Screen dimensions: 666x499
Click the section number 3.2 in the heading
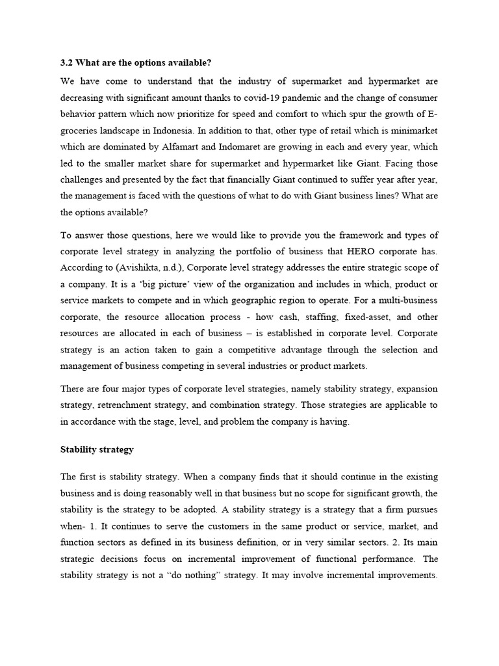tap(66, 62)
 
